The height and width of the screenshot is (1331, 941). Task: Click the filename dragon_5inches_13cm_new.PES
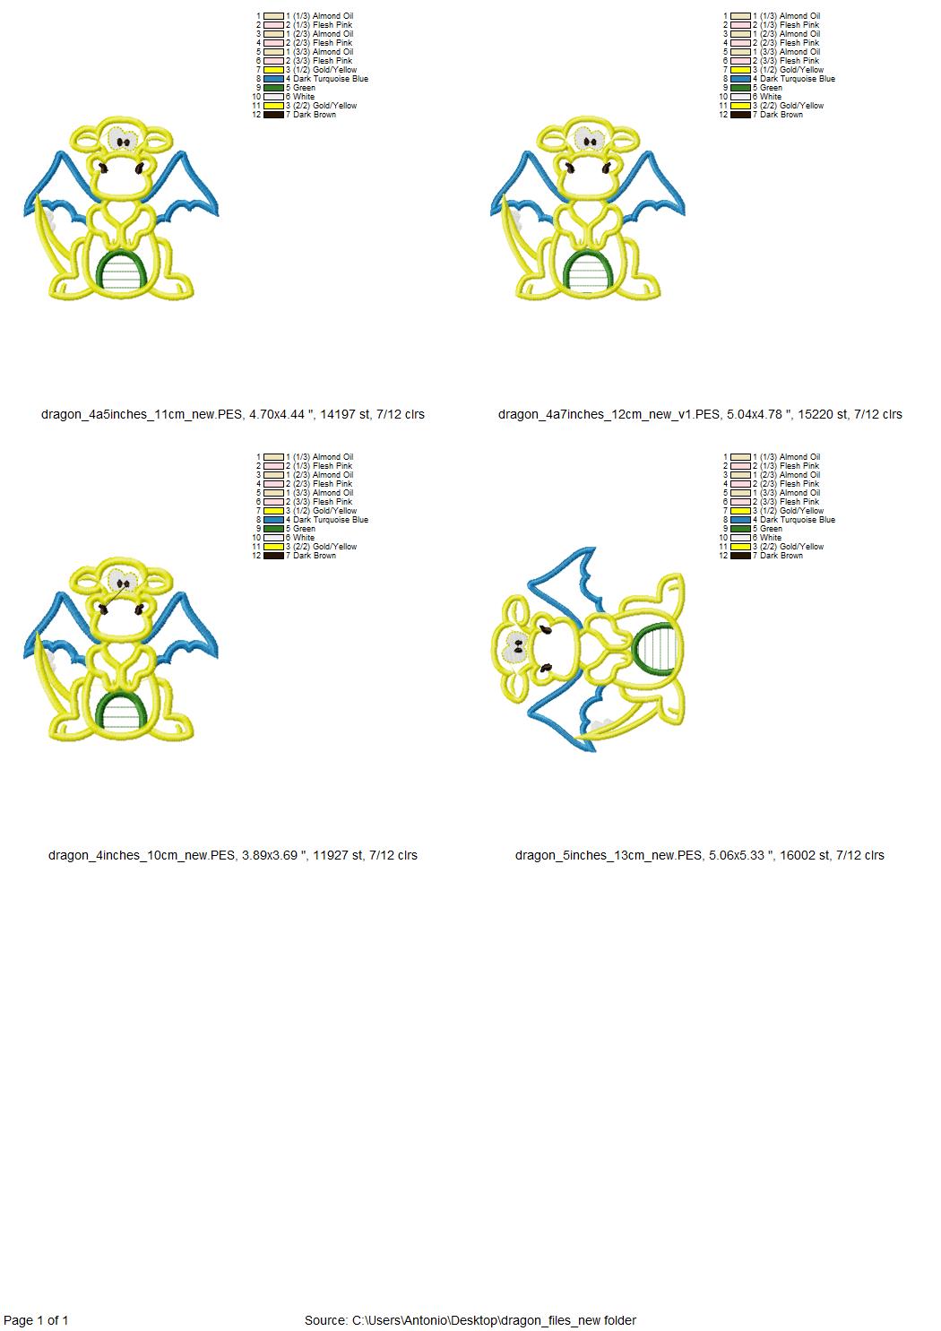click(609, 855)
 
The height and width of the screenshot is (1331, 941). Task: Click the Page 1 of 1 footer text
click(36, 1320)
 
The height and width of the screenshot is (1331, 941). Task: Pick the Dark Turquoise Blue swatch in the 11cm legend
click(273, 79)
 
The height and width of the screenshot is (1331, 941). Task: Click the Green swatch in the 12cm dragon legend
click(740, 87)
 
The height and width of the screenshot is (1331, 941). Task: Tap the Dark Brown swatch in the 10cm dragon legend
click(273, 556)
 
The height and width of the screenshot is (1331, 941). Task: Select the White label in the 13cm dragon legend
click(771, 537)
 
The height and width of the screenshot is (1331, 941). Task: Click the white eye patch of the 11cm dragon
click(123, 141)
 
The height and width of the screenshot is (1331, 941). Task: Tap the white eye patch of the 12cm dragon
click(589, 140)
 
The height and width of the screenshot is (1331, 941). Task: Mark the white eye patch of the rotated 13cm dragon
click(515, 646)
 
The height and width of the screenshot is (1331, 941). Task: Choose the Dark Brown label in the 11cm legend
click(315, 115)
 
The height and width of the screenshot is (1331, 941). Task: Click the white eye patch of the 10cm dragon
click(123, 581)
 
